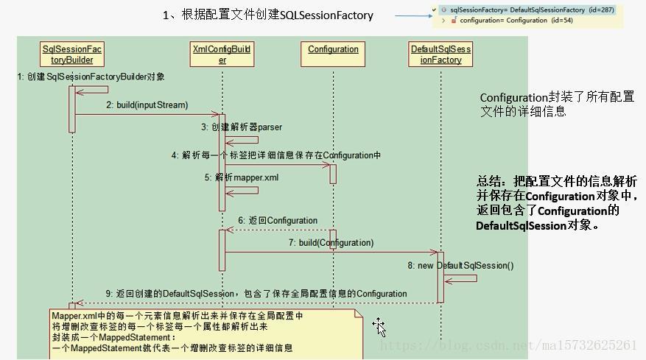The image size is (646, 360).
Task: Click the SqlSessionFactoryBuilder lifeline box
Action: tap(72, 54)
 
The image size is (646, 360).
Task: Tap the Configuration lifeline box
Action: tap(333, 49)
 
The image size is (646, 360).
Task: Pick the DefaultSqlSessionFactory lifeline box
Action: tap(440, 54)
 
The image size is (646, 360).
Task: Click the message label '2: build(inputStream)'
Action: tap(147, 105)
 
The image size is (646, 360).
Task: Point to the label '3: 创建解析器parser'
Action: tap(242, 127)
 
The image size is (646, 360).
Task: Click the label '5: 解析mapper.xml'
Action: tap(242, 177)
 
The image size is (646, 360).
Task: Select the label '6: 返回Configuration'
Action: tap(278, 220)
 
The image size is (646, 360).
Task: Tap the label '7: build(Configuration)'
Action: tap(331, 242)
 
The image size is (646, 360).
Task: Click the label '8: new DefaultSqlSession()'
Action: tap(461, 265)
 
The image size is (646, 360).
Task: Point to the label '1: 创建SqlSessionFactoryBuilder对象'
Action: tap(91, 77)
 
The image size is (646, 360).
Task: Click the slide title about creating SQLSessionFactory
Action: tap(268, 15)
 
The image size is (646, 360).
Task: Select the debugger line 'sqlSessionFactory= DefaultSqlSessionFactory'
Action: tap(527, 10)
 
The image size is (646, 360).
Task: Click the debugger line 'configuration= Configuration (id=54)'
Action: tap(505, 21)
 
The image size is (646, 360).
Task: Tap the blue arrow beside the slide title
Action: tap(412, 15)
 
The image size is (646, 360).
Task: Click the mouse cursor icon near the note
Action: tap(379, 327)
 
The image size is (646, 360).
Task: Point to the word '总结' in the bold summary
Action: tap(488, 181)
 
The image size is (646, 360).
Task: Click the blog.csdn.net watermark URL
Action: tap(508, 345)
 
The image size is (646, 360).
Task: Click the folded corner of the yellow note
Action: tap(359, 314)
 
